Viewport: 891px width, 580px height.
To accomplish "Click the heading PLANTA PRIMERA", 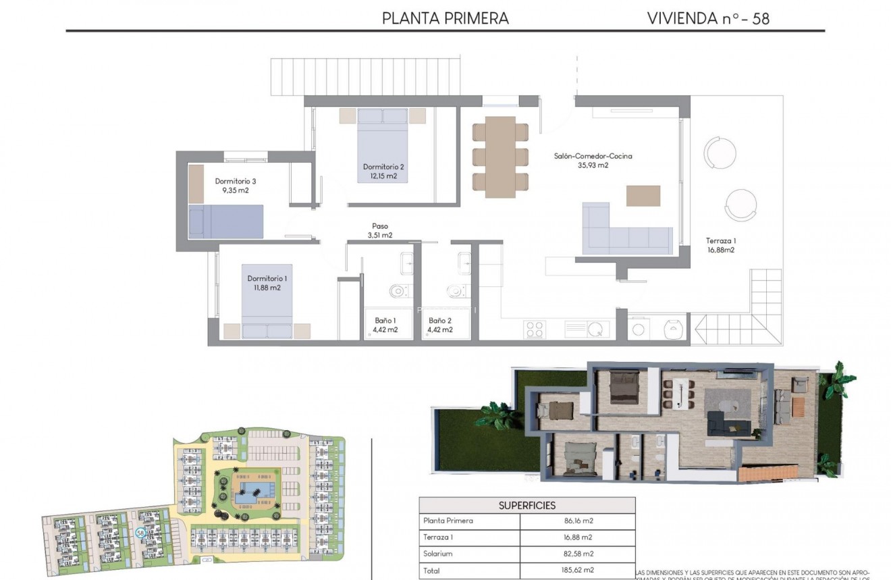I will coord(445,18).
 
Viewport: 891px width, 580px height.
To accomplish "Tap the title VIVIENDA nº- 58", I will coord(708,18).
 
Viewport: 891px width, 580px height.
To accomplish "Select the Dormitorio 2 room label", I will coord(383,167).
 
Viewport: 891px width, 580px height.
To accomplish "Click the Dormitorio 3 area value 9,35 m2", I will coord(236,191).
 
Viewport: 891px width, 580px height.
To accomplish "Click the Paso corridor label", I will coord(380,227).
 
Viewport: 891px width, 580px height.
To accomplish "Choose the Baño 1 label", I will coord(385,321).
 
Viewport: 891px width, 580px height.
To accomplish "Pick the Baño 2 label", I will coord(440,321).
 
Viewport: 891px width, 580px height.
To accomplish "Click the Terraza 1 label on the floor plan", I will coord(720,241).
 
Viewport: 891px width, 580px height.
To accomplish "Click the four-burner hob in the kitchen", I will coord(535,329).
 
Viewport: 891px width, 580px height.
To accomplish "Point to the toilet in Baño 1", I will coord(399,292).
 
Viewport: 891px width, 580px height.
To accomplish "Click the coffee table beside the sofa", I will coord(643,196).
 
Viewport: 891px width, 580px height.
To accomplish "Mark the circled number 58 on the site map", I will coord(140,532).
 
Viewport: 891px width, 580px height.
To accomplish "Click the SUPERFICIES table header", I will coord(527,505).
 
